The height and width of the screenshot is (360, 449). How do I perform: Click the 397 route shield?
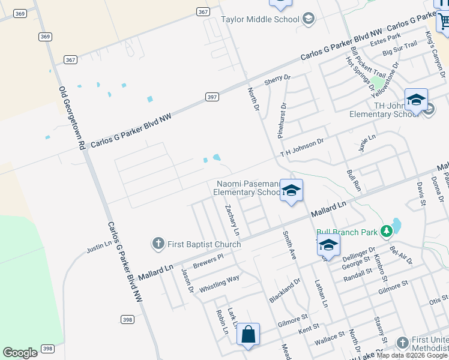[x=211, y=97]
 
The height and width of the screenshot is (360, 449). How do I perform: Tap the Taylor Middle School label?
[x=260, y=19]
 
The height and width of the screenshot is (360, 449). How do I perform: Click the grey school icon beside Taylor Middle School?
[x=309, y=19]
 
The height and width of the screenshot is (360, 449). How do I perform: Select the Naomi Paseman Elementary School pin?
[x=291, y=191]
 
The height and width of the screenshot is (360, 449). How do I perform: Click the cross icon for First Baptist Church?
[x=158, y=244]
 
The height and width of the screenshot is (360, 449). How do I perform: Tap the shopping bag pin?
[x=248, y=335]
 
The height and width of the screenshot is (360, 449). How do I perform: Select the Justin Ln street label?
[x=99, y=246]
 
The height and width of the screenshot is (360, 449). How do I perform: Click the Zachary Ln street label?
[x=232, y=220]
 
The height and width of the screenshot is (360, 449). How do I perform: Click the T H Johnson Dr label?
[x=301, y=148]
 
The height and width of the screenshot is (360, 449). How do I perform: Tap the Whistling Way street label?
[x=219, y=283]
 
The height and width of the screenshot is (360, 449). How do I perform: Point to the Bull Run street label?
[x=353, y=180]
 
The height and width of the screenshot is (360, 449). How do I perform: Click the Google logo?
[x=20, y=353]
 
